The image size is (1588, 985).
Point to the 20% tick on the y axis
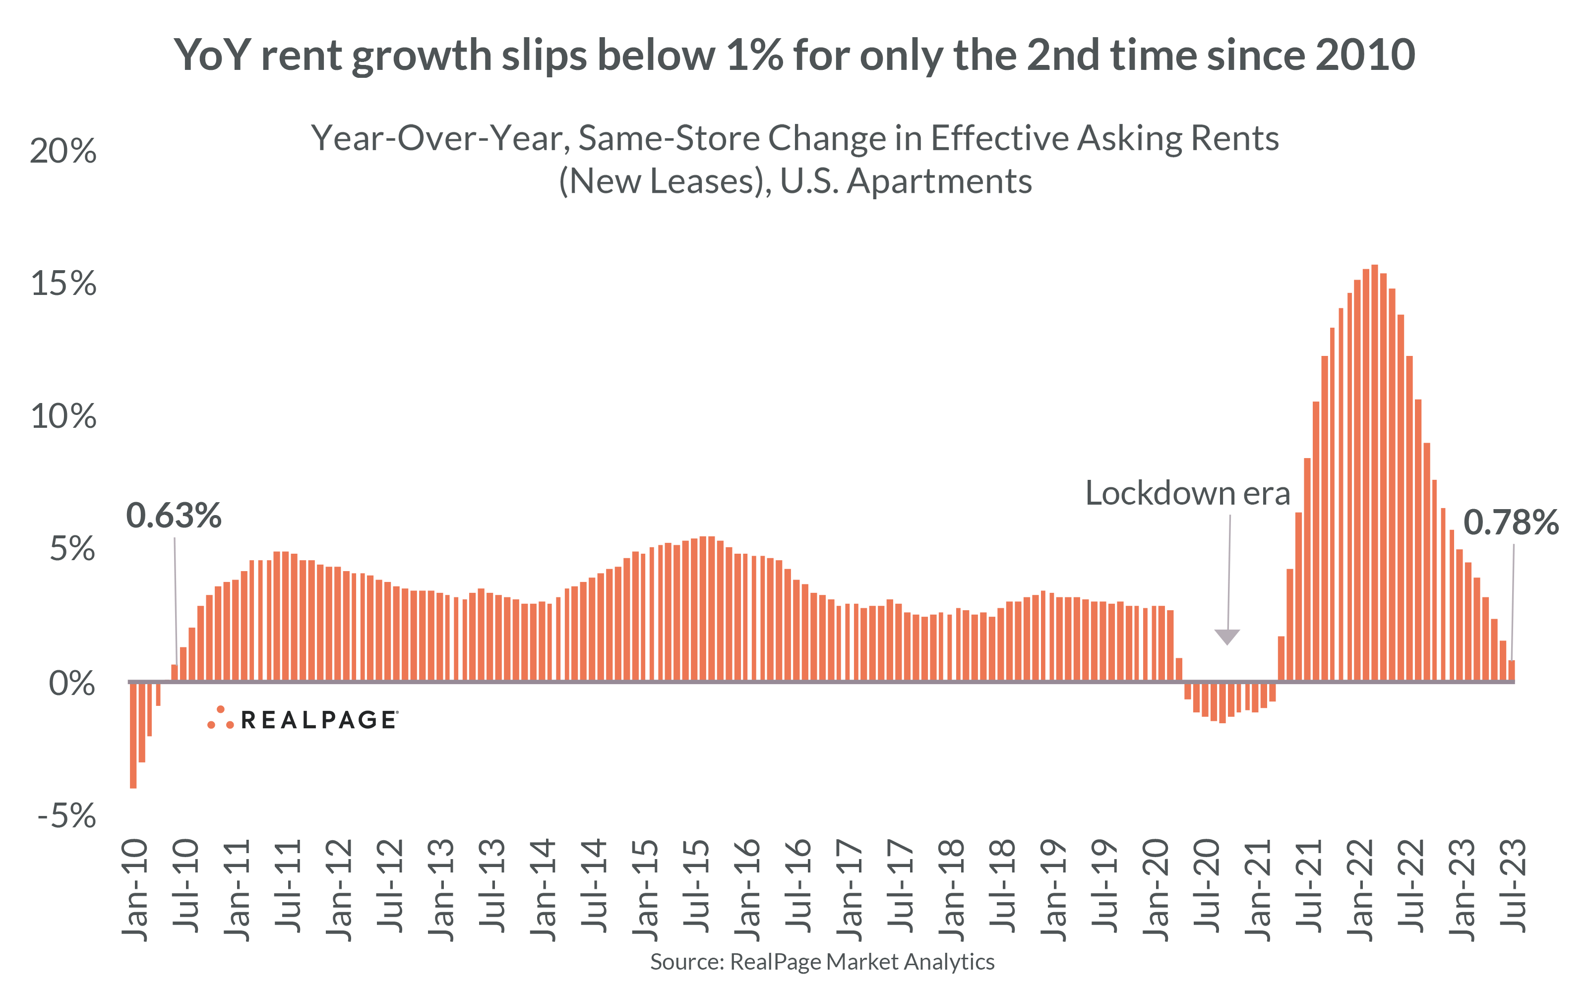[63, 151]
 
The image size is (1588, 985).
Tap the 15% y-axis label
[63, 284]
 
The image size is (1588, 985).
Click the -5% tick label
[66, 815]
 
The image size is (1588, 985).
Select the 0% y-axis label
[72, 684]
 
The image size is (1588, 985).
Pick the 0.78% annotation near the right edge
[1511, 522]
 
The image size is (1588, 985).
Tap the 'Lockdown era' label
[1187, 493]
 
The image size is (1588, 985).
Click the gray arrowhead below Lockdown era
[1227, 636]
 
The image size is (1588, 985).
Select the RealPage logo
[303, 719]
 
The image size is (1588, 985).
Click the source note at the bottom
[822, 962]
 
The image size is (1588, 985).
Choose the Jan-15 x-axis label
[645, 890]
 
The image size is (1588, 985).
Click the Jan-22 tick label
[1360, 890]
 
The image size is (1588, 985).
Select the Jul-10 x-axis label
[185, 890]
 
